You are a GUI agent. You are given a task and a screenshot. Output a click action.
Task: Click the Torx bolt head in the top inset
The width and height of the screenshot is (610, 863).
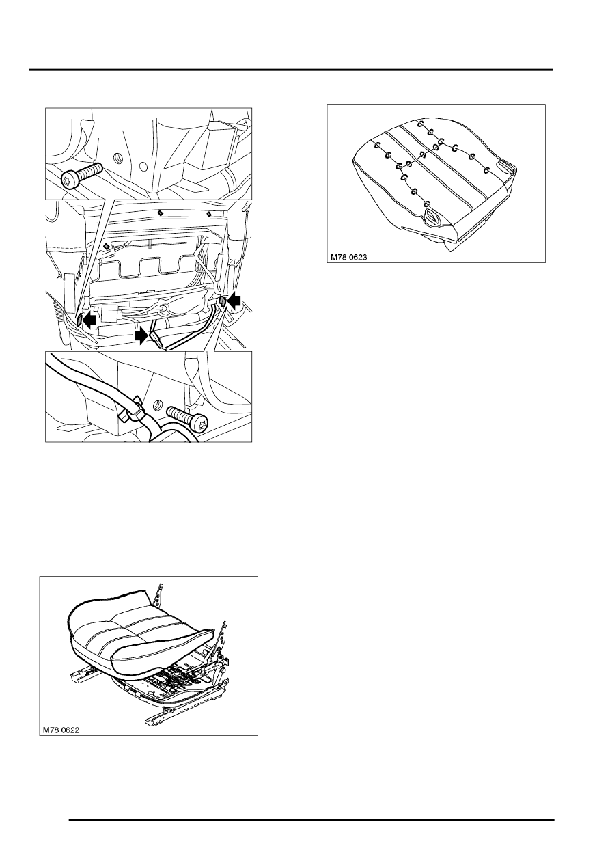[x=70, y=179]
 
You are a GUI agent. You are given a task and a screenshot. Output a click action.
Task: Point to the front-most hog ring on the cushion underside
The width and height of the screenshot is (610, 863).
[x=428, y=203]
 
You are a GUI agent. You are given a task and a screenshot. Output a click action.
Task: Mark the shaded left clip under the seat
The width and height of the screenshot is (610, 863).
[x=79, y=319]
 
